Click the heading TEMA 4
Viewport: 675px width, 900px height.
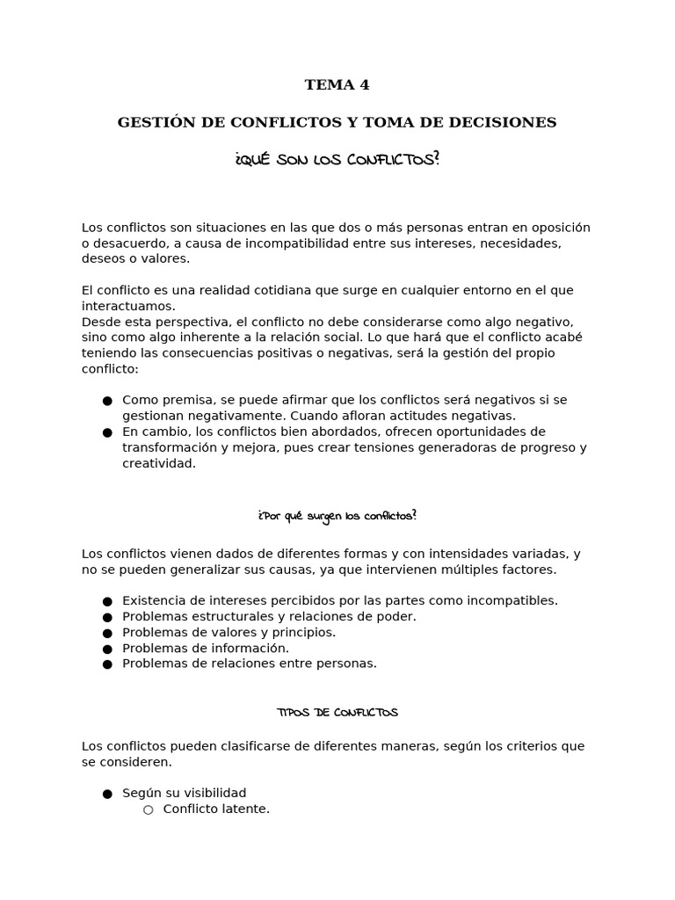tap(337, 85)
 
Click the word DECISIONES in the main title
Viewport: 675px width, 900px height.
tap(502, 123)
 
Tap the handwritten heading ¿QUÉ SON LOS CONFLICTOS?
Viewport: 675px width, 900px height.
tap(337, 160)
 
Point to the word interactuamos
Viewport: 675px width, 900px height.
tap(128, 306)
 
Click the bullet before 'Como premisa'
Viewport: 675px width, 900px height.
tap(107, 401)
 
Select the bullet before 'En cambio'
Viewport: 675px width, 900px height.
tap(107, 432)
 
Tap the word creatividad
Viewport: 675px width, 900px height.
tap(158, 463)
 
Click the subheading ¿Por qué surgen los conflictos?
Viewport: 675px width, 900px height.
tap(337, 516)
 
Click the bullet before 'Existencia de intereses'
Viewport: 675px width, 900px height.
tap(107, 601)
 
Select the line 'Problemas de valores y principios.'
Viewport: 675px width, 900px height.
tap(229, 632)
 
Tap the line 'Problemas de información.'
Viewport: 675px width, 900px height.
tap(205, 648)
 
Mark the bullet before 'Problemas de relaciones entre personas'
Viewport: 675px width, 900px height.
tap(107, 664)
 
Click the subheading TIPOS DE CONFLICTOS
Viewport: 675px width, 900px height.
tap(337, 713)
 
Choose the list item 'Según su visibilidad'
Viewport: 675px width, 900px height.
tap(184, 793)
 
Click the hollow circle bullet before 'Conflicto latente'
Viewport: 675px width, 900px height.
tap(148, 809)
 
